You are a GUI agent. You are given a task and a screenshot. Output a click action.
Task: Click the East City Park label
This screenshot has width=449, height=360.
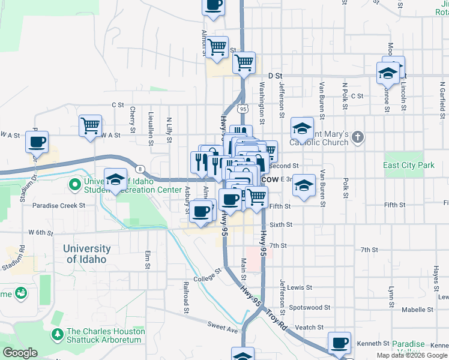tap(409, 165)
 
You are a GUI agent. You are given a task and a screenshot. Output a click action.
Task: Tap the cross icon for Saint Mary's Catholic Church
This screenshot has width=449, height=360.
tap(357, 137)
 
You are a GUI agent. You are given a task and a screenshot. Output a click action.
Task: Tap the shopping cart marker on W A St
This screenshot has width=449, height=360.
tap(90, 126)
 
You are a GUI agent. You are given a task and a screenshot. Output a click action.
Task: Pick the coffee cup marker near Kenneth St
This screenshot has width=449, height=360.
tap(340, 343)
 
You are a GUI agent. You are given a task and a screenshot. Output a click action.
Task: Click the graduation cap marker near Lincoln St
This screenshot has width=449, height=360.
tap(388, 73)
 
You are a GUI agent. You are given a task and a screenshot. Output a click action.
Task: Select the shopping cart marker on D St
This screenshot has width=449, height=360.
tap(244, 62)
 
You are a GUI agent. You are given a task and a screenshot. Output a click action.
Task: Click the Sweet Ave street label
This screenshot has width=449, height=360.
tap(223, 328)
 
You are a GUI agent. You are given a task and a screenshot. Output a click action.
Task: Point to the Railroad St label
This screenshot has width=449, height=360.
tap(186, 297)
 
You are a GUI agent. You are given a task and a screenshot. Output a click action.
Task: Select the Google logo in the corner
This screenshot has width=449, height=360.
tap(20, 353)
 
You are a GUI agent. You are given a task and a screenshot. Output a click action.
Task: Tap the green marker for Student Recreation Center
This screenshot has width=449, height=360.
tap(74, 185)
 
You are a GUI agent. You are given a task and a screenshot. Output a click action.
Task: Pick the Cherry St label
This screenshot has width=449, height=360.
tap(132, 120)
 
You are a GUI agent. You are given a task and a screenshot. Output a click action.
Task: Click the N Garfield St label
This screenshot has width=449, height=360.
tap(442, 102)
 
